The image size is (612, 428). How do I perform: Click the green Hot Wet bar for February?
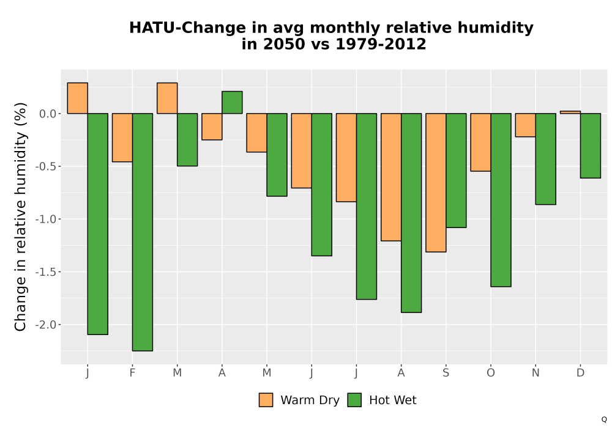point(143,232)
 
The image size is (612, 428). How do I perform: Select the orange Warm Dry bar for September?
point(436,182)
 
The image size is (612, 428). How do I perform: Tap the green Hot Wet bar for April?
point(232,103)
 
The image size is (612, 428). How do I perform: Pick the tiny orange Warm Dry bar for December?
point(570,113)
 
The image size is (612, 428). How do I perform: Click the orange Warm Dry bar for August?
point(391,177)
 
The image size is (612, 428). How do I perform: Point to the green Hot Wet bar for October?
point(501,200)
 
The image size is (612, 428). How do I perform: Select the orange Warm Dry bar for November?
point(525,125)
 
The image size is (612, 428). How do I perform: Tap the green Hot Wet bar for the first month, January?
point(97,224)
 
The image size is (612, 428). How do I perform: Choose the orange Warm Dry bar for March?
point(167,98)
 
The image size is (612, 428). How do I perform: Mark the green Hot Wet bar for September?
point(457,171)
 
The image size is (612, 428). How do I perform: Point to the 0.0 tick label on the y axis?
point(48,114)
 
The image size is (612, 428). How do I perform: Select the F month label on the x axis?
point(132,373)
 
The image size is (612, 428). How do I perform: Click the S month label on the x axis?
point(446,373)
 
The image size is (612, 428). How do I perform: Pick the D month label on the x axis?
point(580,373)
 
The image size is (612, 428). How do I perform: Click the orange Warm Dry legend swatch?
point(266,400)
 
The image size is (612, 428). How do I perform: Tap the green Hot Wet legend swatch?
point(354,400)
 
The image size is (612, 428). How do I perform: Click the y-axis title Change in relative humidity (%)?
point(20,216)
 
